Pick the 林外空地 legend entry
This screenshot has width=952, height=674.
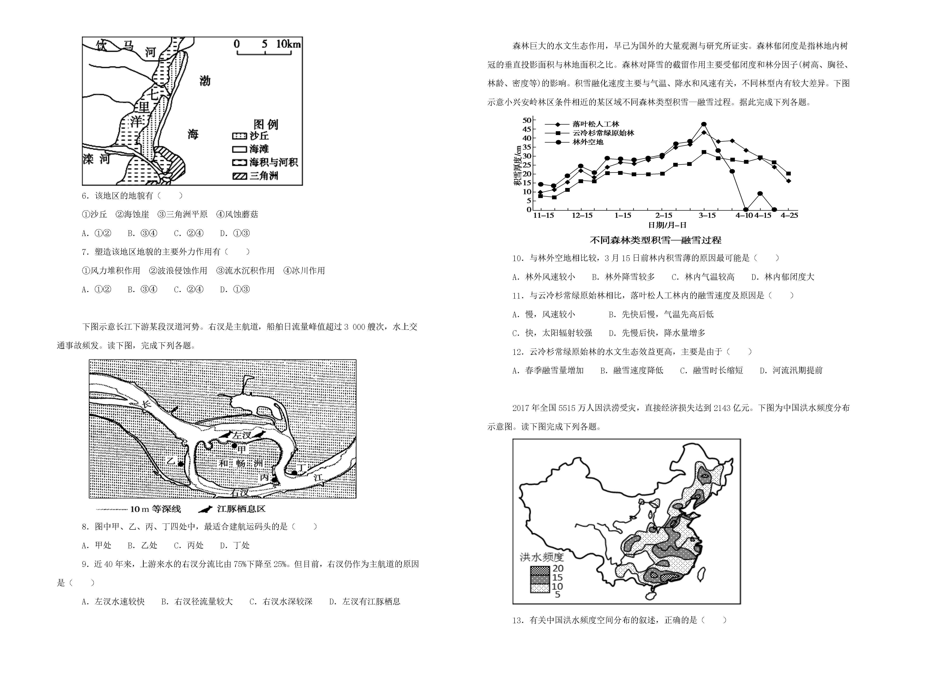pos(574,142)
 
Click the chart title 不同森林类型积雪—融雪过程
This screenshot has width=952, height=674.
pos(656,240)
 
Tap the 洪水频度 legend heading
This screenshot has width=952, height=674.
pos(542,557)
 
